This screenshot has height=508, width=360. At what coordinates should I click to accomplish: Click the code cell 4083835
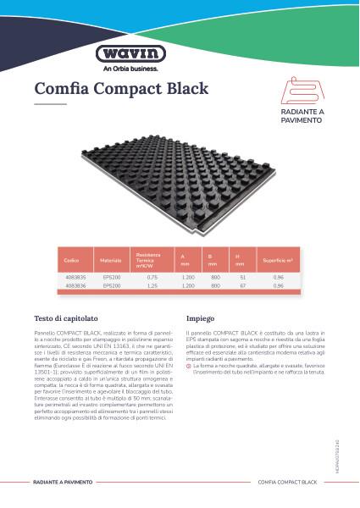tap(74, 277)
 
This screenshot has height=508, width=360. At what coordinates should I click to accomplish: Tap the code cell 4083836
tap(74, 285)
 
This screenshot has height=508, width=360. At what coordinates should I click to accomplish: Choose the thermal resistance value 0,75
tap(152, 277)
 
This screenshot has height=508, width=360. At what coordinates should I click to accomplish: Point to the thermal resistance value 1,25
tap(152, 285)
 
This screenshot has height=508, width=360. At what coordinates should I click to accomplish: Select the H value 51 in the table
tap(243, 277)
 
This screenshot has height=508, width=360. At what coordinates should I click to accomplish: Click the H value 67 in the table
tap(243, 285)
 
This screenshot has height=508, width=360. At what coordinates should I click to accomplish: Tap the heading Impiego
tap(200, 318)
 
